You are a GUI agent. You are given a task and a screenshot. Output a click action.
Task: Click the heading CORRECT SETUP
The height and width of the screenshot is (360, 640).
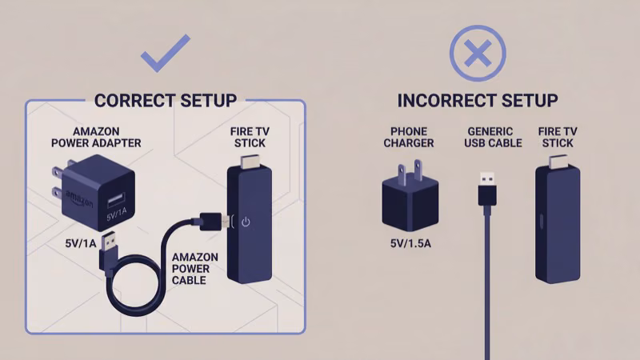click(x=166, y=101)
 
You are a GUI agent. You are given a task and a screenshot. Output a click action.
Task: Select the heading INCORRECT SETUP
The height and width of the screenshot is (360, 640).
click(x=478, y=101)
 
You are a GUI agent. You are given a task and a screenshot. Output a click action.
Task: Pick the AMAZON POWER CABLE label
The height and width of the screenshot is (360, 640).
click(x=195, y=269)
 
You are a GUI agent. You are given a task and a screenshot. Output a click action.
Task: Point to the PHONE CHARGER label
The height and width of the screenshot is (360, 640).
click(x=409, y=138)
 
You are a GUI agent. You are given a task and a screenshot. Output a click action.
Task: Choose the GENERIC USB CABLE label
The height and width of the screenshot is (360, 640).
click(x=489, y=138)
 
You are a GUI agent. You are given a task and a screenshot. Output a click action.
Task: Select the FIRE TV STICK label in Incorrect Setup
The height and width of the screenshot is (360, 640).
click(x=558, y=138)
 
